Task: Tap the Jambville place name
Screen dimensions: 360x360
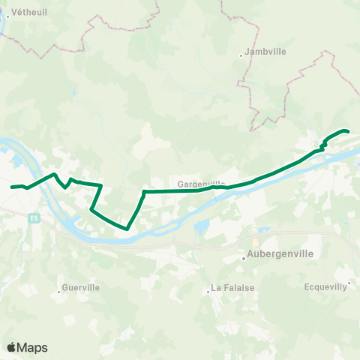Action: [260, 54]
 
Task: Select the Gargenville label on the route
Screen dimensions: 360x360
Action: [201, 183]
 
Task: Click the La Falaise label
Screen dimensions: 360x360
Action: [232, 287]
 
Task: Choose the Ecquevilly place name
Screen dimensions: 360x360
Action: [326, 286]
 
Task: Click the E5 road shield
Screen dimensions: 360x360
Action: [34, 217]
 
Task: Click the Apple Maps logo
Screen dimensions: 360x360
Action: [27, 347]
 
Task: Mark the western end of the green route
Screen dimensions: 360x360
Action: [12, 187]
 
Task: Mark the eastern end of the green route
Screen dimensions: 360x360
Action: [349, 132]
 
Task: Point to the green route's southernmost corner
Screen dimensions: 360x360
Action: [126, 228]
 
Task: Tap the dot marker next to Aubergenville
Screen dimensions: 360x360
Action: [244, 260]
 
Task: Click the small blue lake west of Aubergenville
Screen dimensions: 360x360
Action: [200, 227]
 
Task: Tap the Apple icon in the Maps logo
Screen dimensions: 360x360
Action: [11, 347]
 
